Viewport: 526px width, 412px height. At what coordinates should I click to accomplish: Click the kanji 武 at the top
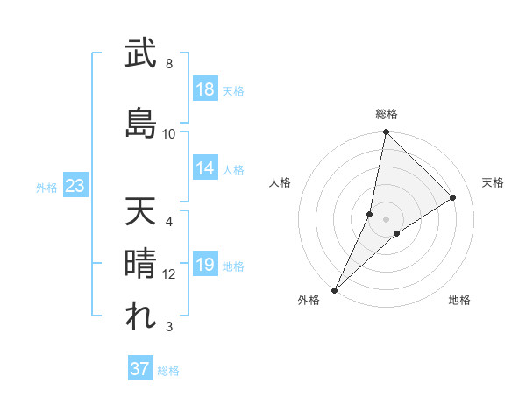(x=140, y=54)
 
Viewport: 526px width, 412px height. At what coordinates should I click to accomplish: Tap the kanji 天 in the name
(x=140, y=213)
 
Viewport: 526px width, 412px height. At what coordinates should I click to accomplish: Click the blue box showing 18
(x=205, y=89)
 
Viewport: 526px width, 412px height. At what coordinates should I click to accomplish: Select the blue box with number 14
(x=205, y=168)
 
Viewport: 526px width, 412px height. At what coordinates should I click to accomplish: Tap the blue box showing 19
(x=205, y=265)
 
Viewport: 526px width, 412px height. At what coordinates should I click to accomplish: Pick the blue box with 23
(x=75, y=186)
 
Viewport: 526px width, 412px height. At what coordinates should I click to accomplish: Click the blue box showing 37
(x=140, y=369)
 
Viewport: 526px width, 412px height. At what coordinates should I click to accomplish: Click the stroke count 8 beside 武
(x=168, y=64)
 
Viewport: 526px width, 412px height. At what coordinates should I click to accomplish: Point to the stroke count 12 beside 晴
(x=169, y=274)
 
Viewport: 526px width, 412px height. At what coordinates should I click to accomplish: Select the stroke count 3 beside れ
(x=168, y=327)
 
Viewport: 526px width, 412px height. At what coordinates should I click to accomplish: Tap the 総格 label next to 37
(x=168, y=371)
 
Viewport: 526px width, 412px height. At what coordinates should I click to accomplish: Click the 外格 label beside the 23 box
(x=46, y=187)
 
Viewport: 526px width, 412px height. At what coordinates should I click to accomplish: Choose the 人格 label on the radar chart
(x=281, y=182)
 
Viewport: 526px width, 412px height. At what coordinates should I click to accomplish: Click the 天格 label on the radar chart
(x=494, y=182)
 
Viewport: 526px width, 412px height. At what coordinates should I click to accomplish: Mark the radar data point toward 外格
(x=335, y=289)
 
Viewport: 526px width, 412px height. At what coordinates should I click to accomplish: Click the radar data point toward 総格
(x=386, y=132)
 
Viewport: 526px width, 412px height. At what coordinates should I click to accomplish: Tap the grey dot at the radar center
(x=386, y=219)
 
